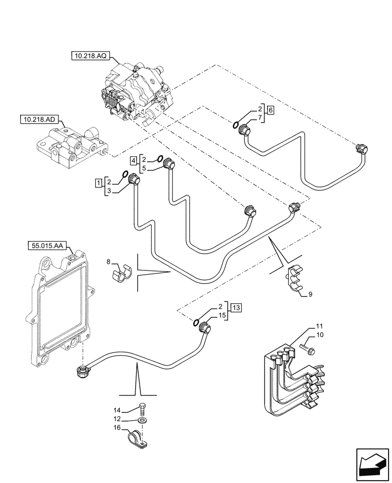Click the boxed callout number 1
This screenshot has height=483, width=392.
pos(98,182)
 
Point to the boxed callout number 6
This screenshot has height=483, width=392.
pos(270,111)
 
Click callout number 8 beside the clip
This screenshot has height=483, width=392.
pos(109,262)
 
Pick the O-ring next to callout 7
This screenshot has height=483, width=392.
pos(236,126)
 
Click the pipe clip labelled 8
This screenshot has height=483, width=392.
pos(122,273)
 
